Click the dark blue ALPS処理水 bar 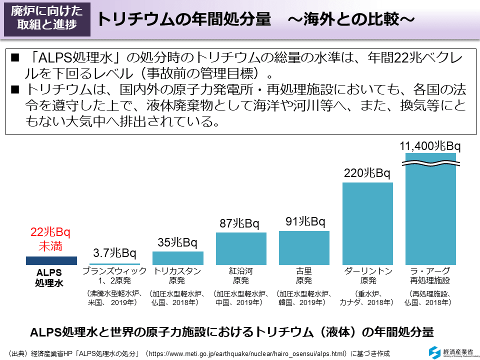click(x=51, y=260)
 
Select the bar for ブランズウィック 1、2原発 click(x=114, y=263)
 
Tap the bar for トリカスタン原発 click(x=177, y=258)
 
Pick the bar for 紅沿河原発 click(x=241, y=248)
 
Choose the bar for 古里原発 click(x=304, y=247)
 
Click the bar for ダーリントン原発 click(x=367, y=223)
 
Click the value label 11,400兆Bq click(x=430, y=146)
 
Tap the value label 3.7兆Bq click(x=114, y=253)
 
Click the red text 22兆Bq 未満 click(x=50, y=239)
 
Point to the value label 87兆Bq click(x=240, y=223)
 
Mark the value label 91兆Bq click(x=304, y=221)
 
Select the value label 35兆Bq click(x=177, y=243)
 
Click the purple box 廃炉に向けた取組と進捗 click(x=47, y=18)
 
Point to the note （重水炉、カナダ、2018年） click(x=367, y=298)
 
